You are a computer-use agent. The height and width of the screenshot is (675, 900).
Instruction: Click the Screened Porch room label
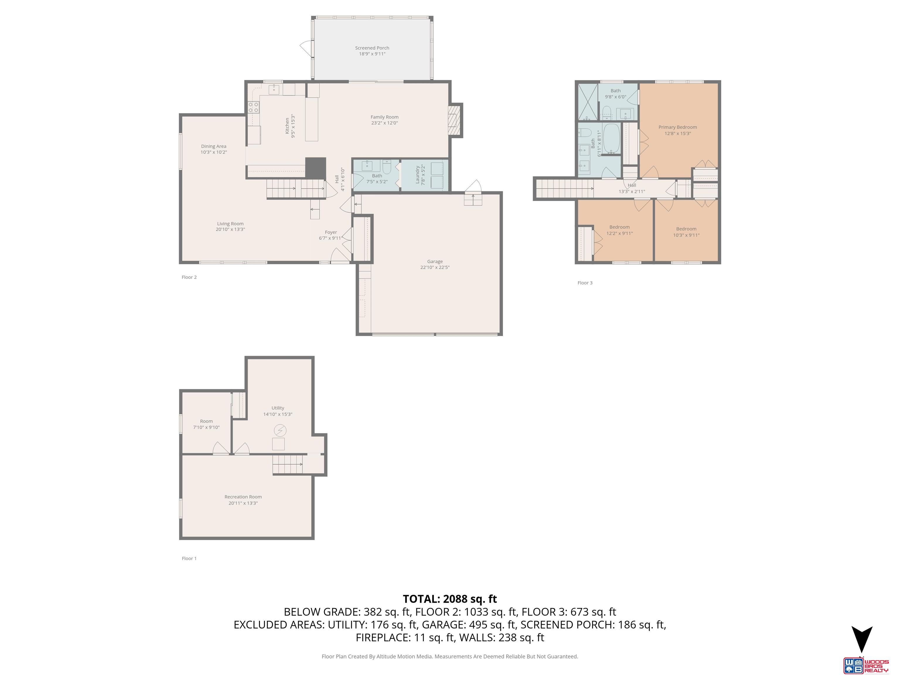372,48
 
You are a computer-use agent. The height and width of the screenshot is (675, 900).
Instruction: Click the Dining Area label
214,146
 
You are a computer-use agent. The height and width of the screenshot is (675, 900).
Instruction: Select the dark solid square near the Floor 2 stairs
316,168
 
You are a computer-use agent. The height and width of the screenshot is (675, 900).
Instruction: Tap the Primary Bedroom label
677,127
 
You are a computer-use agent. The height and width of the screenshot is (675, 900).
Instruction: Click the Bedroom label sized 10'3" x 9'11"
686,229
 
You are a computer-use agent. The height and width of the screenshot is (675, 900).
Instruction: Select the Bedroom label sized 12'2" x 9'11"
619,227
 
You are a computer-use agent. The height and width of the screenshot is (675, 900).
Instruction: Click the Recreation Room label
243,497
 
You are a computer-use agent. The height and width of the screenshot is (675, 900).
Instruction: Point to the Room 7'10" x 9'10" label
206,422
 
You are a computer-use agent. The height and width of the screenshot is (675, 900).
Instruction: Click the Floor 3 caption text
585,283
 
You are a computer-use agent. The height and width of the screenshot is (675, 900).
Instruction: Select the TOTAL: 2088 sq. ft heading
450,599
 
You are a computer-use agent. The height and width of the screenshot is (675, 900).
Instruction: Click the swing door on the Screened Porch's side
306,48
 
